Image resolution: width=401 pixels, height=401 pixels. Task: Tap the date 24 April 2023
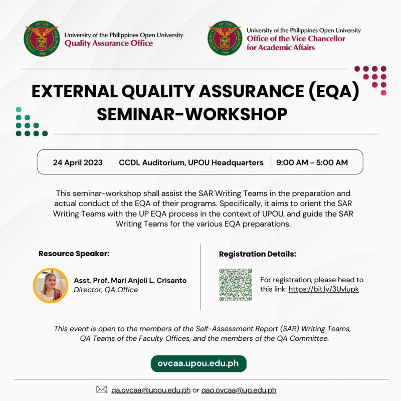(x=78, y=162)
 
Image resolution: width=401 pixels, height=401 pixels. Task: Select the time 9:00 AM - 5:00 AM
(x=312, y=162)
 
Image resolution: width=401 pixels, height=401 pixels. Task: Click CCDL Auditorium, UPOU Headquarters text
(x=191, y=162)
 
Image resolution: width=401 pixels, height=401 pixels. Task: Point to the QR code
(x=236, y=285)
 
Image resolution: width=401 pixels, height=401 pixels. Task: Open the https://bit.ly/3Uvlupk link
(x=323, y=289)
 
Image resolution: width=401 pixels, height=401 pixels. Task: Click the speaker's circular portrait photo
(x=51, y=285)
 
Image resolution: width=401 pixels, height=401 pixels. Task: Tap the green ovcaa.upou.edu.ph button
(x=198, y=364)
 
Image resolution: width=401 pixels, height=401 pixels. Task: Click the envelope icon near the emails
(x=102, y=389)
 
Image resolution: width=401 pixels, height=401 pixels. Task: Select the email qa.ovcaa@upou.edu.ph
(x=151, y=390)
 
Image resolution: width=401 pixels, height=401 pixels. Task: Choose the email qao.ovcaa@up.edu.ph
(x=239, y=390)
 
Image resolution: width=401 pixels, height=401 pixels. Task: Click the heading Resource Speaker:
(x=74, y=254)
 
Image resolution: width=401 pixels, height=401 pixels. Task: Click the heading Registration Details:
(x=257, y=254)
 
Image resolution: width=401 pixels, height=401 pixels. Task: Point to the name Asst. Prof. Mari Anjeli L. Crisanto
(x=130, y=281)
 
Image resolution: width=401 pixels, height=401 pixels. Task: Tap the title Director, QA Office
(x=106, y=290)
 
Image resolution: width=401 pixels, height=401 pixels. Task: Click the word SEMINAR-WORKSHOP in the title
(x=192, y=114)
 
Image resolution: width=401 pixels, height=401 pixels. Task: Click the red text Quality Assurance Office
(x=109, y=44)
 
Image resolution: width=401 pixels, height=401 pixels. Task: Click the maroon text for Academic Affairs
(x=280, y=48)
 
